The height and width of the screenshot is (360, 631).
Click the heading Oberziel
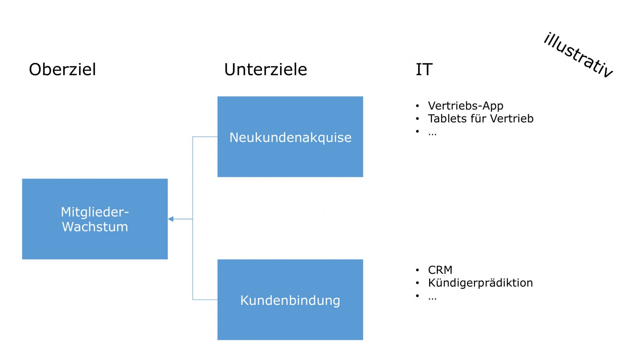click(x=62, y=69)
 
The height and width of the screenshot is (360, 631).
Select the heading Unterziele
click(x=265, y=69)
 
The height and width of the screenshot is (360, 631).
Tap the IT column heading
click(x=424, y=69)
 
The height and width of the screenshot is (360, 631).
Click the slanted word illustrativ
click(x=578, y=55)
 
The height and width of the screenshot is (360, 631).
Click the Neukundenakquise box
click(x=290, y=137)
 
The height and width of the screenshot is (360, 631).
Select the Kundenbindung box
click(x=290, y=299)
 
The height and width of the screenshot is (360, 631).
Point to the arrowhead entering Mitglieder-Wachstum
click(x=171, y=219)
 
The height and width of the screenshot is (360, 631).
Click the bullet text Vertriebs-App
click(x=465, y=106)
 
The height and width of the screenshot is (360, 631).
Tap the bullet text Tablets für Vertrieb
click(x=480, y=119)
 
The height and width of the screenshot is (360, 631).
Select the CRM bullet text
click(x=440, y=270)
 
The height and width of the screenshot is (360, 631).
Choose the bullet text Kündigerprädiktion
click(x=480, y=283)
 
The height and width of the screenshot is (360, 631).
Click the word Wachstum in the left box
click(x=95, y=227)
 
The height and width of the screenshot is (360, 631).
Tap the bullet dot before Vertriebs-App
click(x=417, y=106)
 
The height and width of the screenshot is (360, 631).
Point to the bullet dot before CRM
click(x=417, y=270)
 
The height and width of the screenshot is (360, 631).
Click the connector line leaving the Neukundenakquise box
click(x=205, y=137)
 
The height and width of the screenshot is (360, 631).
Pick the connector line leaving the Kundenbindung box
click(x=205, y=299)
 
